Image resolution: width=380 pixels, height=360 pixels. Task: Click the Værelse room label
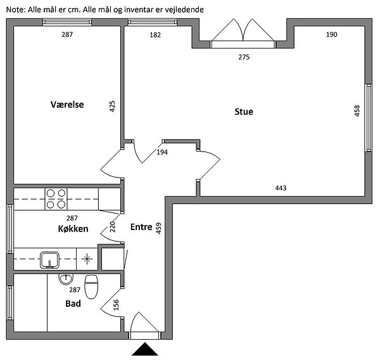click(x=67, y=105)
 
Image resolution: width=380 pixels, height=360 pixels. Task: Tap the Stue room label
click(x=244, y=112)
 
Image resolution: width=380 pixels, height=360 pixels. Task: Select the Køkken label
click(x=73, y=229)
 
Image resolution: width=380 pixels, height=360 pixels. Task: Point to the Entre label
click(x=141, y=227)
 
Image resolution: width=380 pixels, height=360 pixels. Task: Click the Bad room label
click(x=73, y=304)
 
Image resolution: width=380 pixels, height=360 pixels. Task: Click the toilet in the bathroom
click(x=91, y=286)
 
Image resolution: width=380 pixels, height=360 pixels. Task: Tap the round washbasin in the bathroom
click(x=66, y=279)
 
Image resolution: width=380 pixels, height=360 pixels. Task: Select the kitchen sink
click(x=49, y=260)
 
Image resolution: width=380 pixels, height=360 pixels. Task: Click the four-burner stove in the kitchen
click(x=56, y=199)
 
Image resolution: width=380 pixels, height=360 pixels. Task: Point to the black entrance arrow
click(x=144, y=349)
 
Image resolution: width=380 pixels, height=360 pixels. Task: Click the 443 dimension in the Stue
click(x=281, y=188)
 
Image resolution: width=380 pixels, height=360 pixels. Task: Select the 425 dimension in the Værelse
click(x=112, y=106)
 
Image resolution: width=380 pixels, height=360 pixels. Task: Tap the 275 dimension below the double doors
click(x=244, y=57)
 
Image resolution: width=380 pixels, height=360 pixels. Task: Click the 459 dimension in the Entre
click(x=158, y=228)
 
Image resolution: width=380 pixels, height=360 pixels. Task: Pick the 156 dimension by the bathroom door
click(x=116, y=305)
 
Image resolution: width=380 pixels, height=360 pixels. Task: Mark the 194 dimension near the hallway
click(x=162, y=152)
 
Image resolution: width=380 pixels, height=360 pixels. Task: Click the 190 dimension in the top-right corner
click(x=331, y=34)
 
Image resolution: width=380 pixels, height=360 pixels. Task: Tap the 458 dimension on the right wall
click(x=357, y=111)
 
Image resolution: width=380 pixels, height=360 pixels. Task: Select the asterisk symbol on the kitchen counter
click(x=87, y=259)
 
